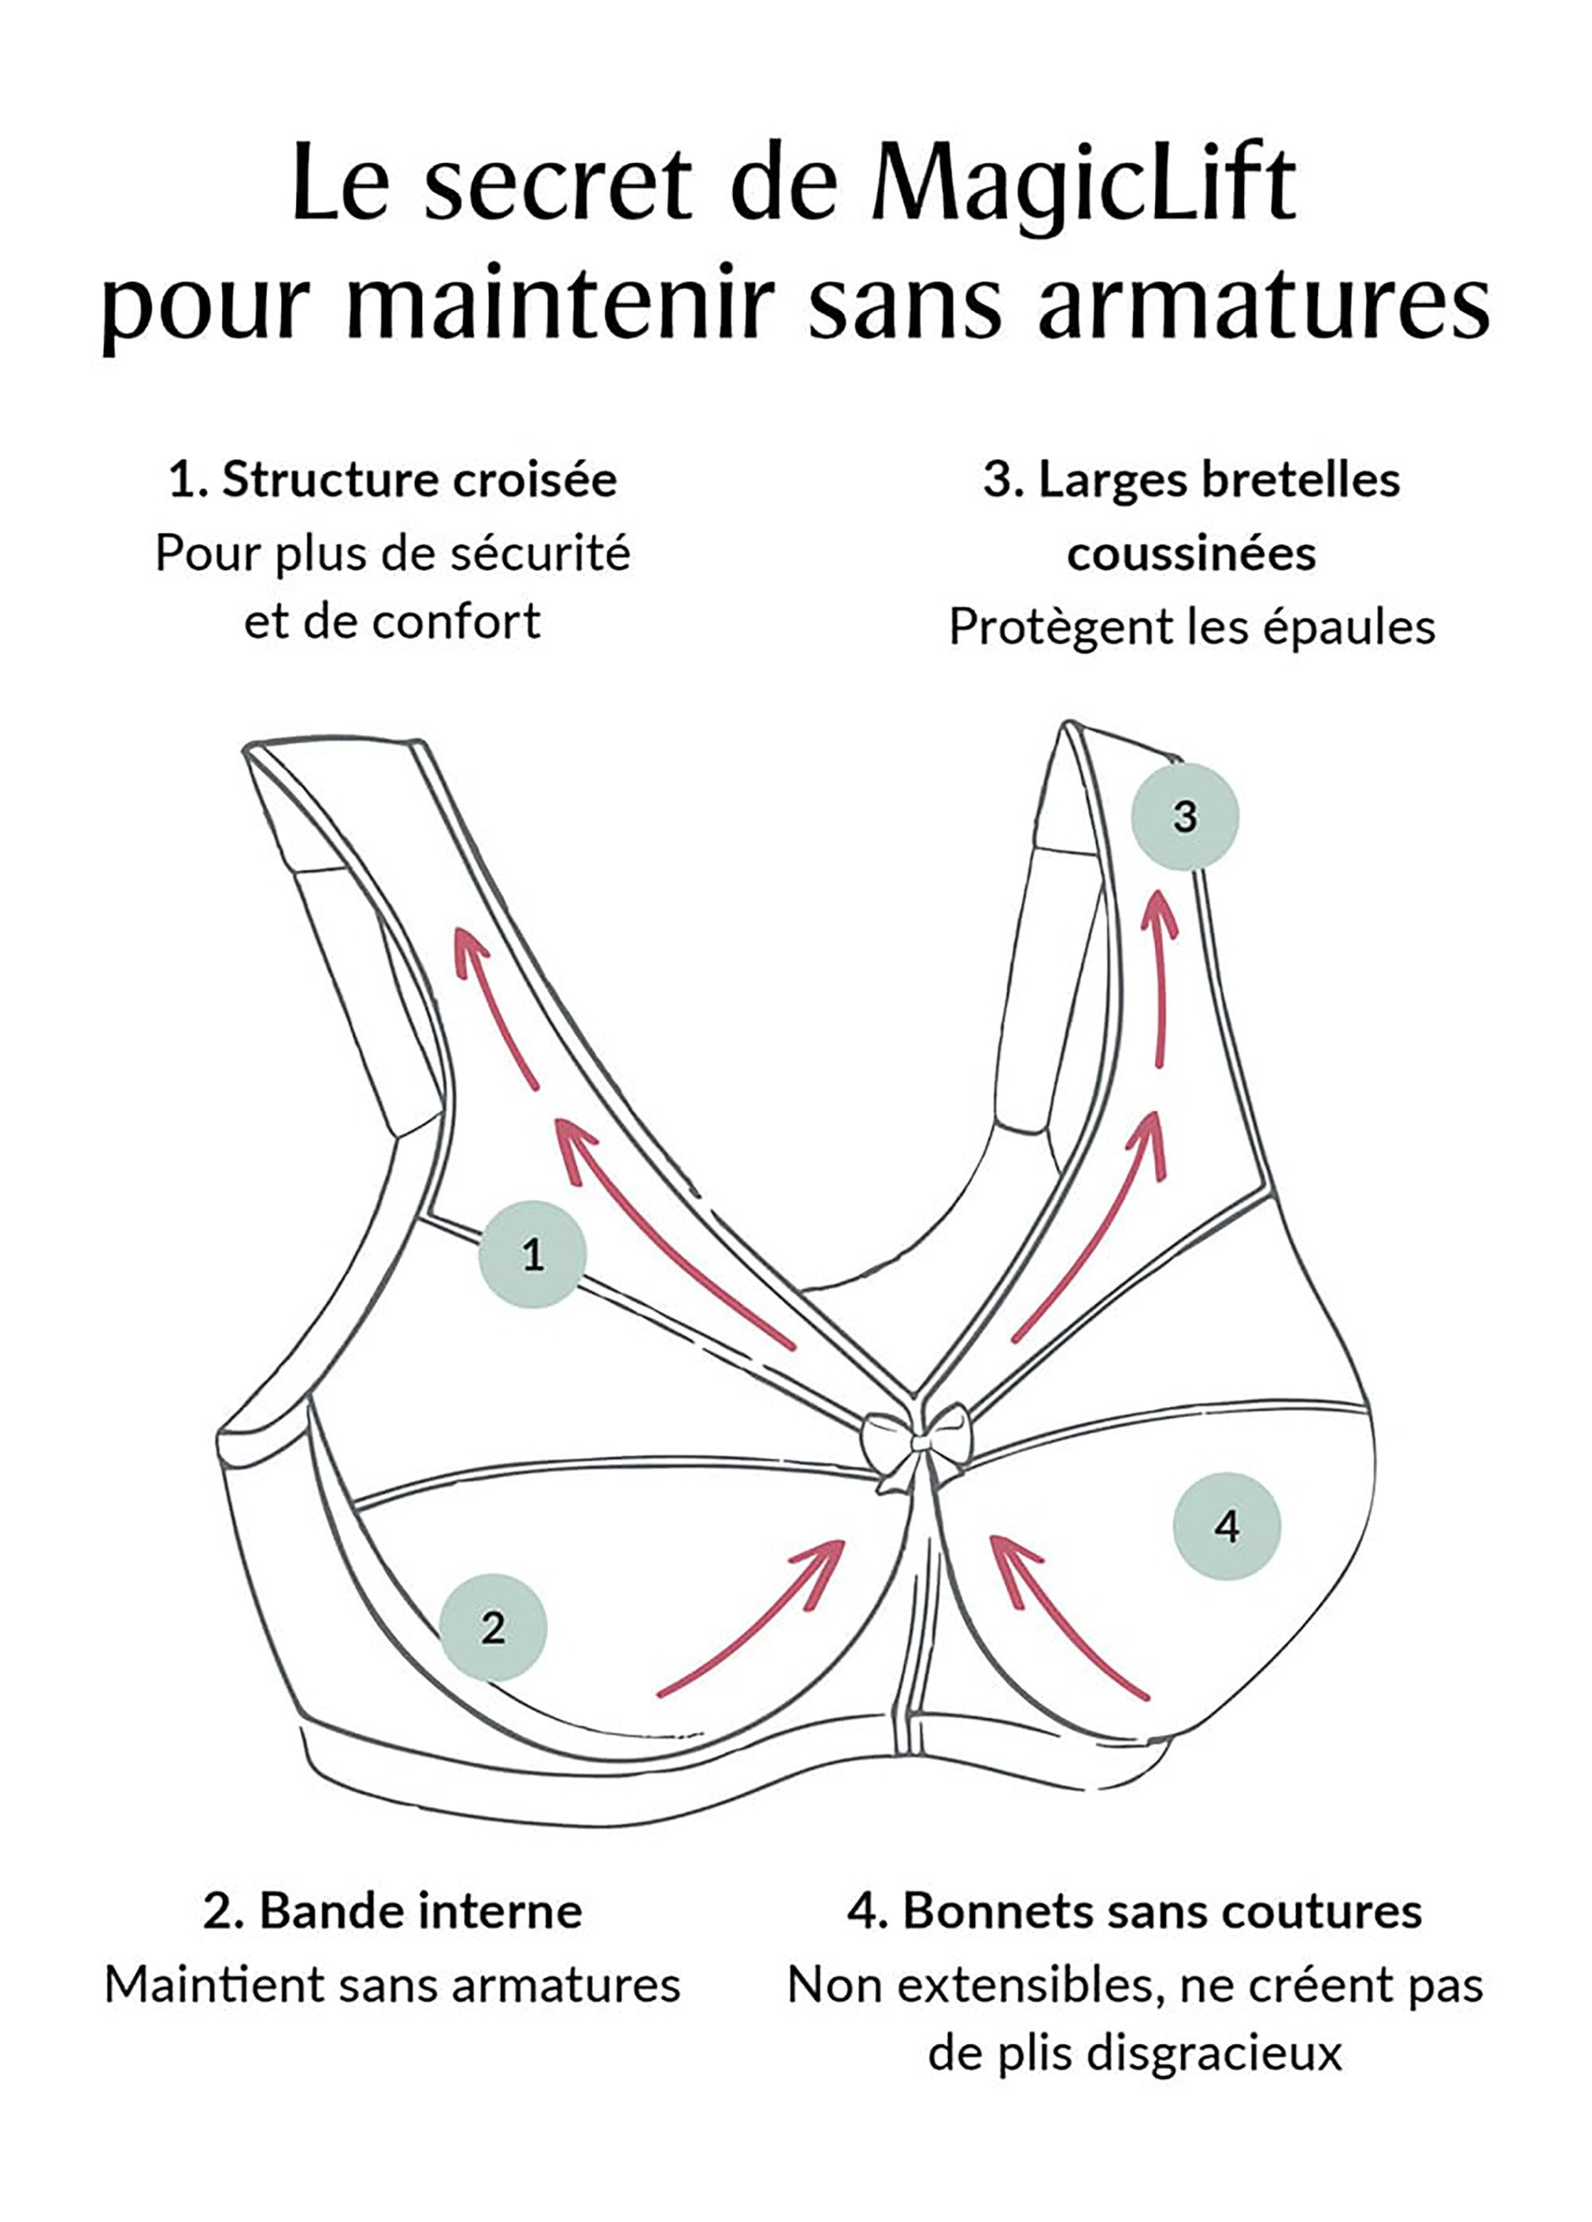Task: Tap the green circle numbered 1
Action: (532, 1254)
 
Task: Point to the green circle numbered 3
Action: (1184, 816)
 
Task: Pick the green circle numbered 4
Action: (1227, 1525)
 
